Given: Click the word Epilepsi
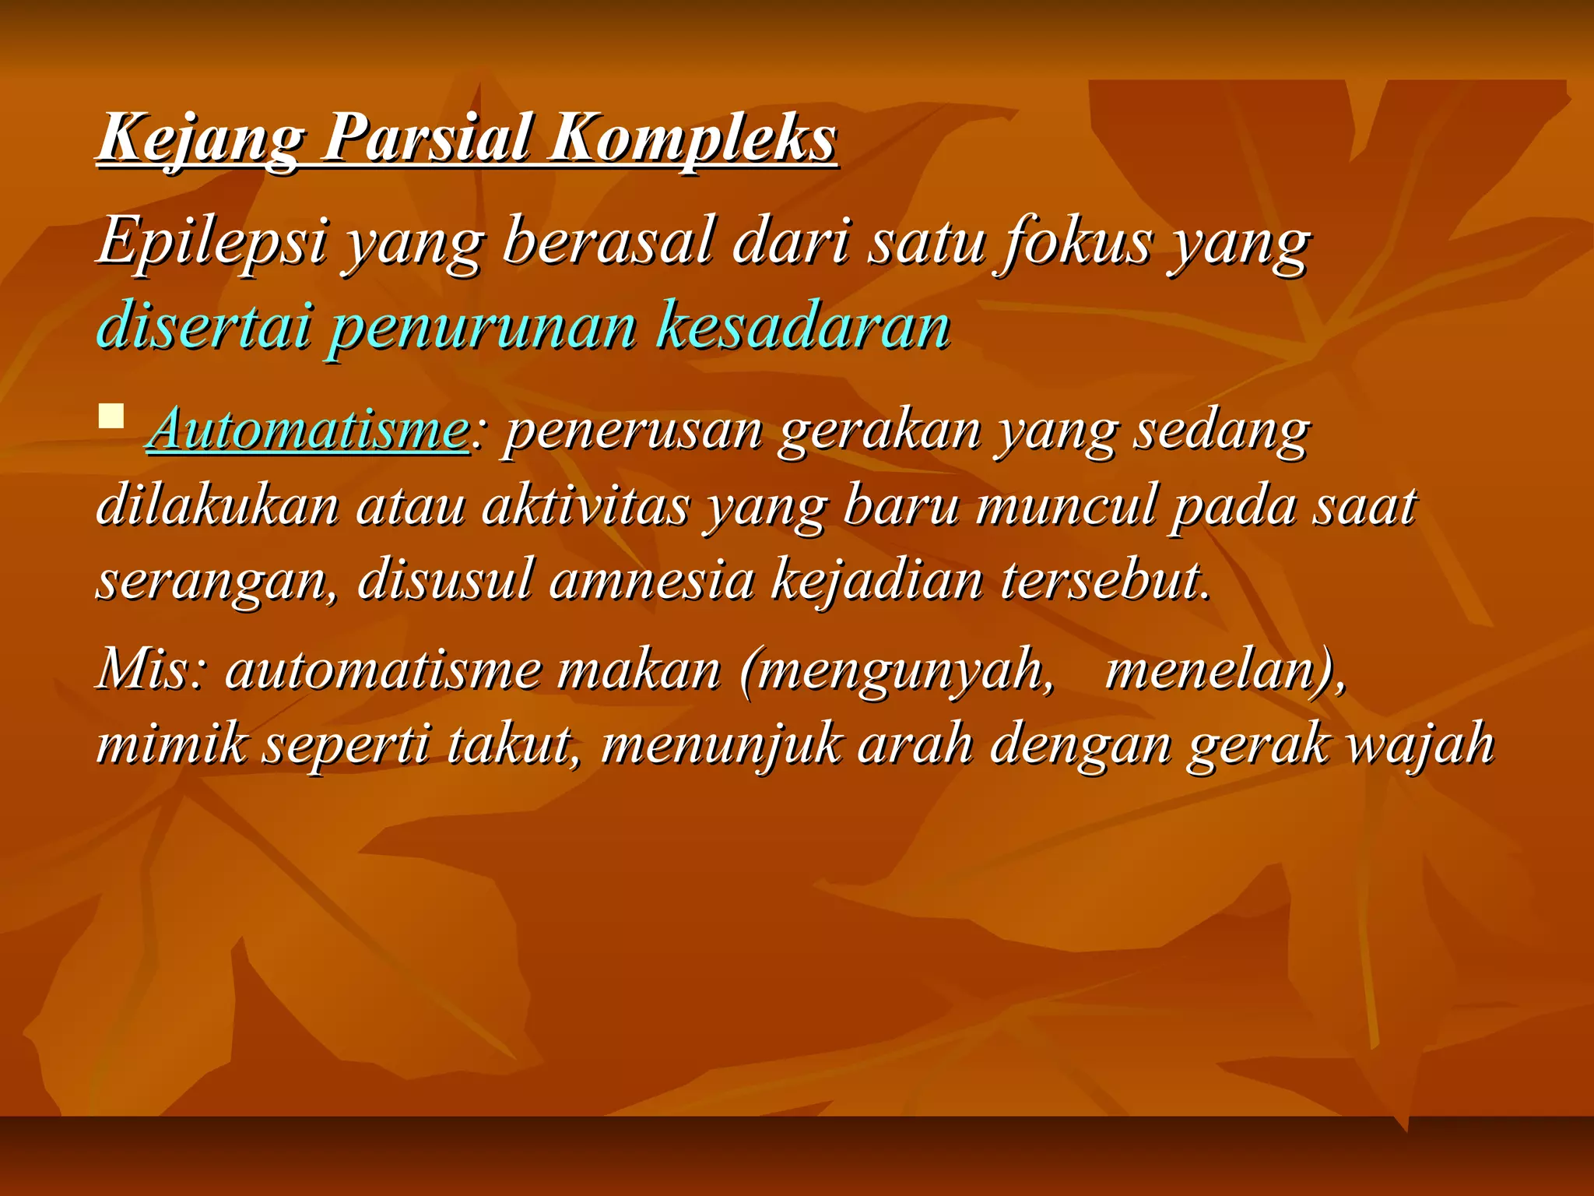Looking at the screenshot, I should coord(212,241).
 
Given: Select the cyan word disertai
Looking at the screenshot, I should coord(204,325).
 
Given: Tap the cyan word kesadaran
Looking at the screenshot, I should coord(803,325).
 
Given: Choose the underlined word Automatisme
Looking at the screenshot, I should coord(308,430).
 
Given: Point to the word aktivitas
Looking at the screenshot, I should coord(585,506).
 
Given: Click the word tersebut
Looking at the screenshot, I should coord(1105,581).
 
